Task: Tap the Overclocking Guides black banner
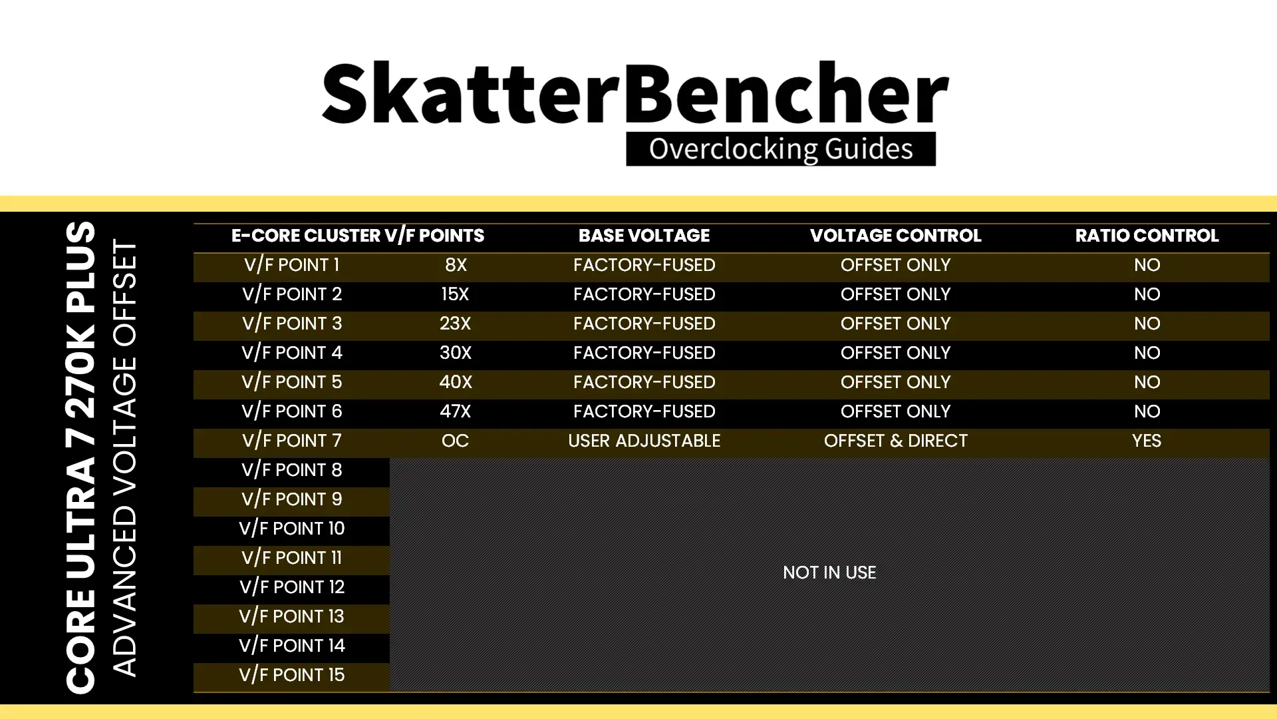(x=781, y=149)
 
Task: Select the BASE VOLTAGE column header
(x=644, y=236)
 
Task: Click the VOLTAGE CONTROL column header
(x=895, y=236)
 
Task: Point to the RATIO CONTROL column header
(x=1147, y=236)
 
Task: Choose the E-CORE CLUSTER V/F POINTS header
(x=358, y=236)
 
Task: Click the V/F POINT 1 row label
(x=292, y=265)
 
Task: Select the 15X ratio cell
(x=455, y=294)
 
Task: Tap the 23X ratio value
(x=455, y=324)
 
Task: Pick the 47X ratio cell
(x=455, y=411)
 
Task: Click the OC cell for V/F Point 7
(x=455, y=441)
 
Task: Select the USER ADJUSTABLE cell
(x=644, y=441)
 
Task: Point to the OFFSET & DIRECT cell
(x=895, y=441)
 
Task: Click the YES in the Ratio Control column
(x=1147, y=441)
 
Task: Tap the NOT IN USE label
(x=829, y=573)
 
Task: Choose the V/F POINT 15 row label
(x=292, y=675)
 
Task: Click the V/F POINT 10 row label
(x=292, y=529)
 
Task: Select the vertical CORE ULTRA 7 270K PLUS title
(x=81, y=458)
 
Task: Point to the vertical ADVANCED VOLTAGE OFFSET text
(x=124, y=458)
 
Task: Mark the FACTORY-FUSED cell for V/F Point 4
(x=644, y=353)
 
